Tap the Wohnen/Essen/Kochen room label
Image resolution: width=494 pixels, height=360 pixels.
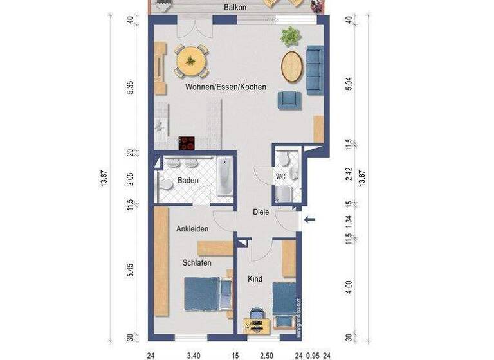[225, 87]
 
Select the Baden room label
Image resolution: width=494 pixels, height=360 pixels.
[188, 181]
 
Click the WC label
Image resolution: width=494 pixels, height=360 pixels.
[280, 175]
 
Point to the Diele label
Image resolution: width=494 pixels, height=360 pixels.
[261, 212]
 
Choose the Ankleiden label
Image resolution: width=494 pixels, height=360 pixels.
[192, 228]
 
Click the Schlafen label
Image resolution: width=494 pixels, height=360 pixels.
[197, 262]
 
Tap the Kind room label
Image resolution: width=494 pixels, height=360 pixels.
[255, 279]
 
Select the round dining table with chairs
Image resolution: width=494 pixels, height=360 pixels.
[191, 61]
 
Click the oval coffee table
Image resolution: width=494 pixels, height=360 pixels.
[291, 66]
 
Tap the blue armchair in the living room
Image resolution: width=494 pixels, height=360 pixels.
[289, 100]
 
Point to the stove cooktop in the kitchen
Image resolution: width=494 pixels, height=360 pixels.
[187, 142]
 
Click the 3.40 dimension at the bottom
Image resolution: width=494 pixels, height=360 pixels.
[192, 354]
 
